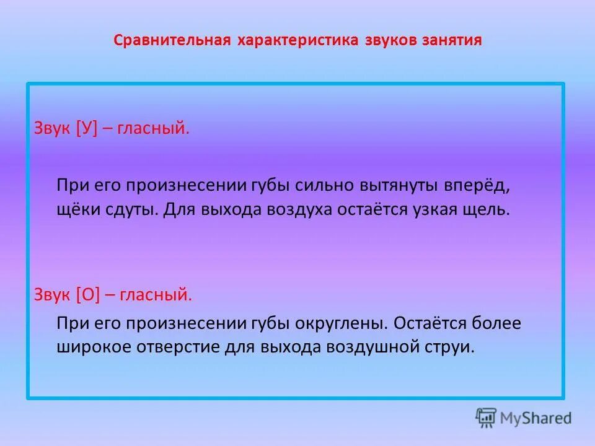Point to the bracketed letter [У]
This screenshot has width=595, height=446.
pos(87,129)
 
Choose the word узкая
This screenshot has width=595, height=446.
pos(434,209)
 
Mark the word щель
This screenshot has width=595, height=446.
pos(488,209)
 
